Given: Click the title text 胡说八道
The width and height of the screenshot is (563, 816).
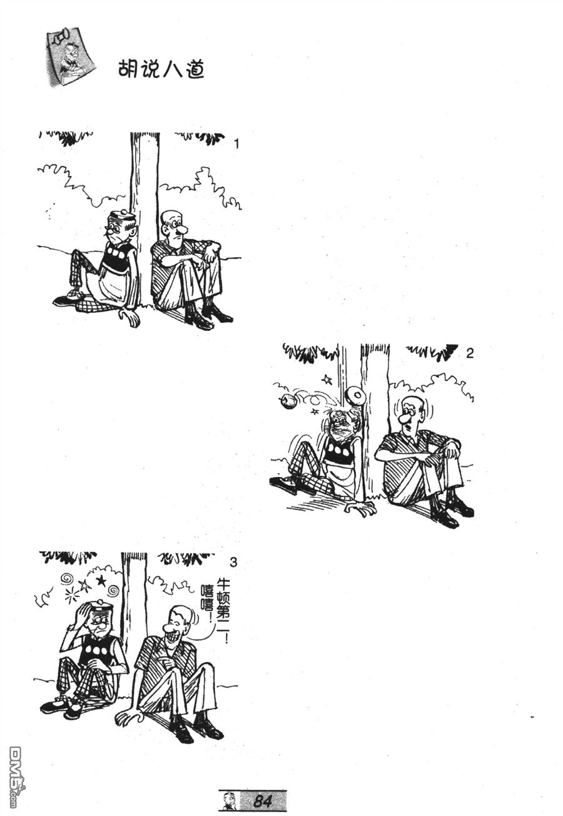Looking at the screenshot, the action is [x=161, y=69].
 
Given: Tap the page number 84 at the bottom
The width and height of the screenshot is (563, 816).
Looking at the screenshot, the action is [x=261, y=801].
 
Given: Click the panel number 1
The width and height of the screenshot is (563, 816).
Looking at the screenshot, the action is [x=236, y=145].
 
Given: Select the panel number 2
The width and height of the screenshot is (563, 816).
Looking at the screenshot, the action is [x=469, y=353].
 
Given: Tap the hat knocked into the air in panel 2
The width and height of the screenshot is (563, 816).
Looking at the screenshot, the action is [x=354, y=394].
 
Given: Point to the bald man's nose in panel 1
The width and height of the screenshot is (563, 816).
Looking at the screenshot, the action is [x=180, y=229].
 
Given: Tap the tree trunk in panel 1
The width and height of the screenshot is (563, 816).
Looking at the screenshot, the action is [x=145, y=218].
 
